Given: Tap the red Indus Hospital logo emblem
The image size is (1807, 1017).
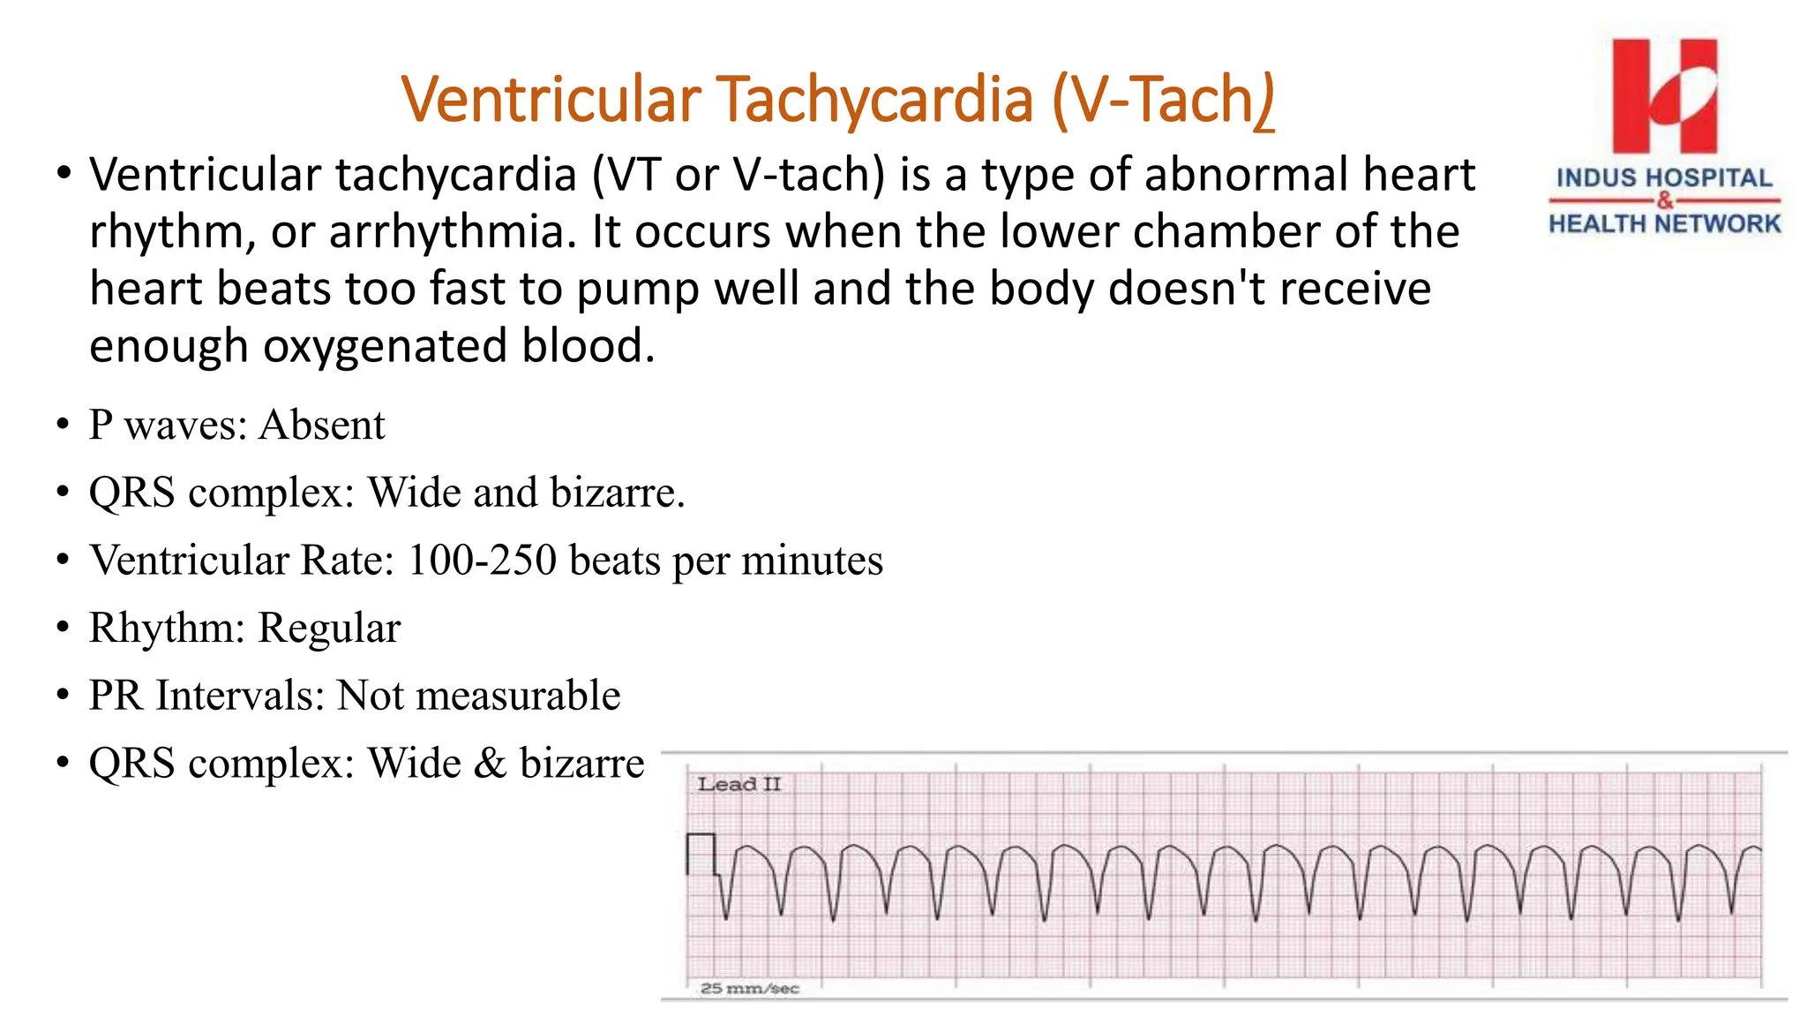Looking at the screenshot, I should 1664,95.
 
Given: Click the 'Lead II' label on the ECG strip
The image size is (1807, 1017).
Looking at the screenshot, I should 739,784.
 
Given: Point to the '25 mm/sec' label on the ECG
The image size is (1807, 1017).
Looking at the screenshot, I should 749,989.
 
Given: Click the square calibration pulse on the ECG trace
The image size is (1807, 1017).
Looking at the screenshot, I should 701,853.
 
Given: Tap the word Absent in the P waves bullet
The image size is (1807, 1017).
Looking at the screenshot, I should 321,426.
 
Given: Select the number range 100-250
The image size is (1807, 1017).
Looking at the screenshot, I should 482,561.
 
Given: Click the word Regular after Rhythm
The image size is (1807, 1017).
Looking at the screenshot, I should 328,629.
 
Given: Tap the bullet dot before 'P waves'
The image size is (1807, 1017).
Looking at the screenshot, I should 62,426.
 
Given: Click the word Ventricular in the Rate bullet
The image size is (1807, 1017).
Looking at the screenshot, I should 189,561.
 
